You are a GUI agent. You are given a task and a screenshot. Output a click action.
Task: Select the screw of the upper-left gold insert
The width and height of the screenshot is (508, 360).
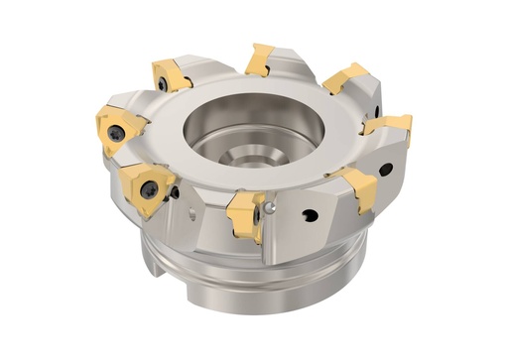pyautogui.click(x=162, y=85)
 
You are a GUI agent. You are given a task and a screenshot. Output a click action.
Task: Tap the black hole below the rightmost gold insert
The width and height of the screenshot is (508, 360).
pyautogui.click(x=384, y=170)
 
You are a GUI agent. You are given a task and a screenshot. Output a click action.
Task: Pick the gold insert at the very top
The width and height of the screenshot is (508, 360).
pyautogui.click(x=261, y=60)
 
